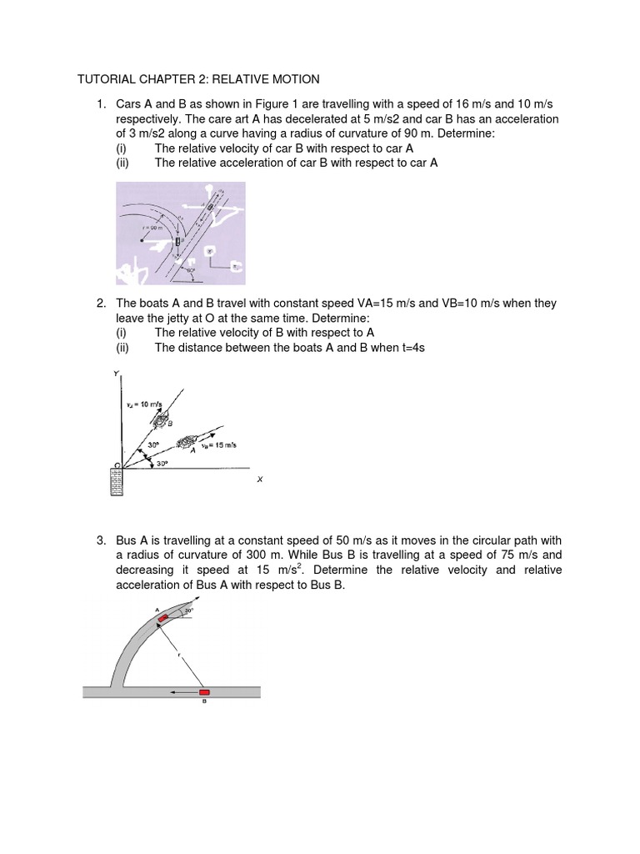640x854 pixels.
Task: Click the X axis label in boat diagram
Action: click(x=259, y=479)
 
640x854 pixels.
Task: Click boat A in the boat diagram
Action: click(x=189, y=440)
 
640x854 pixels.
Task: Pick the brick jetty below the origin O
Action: click(x=117, y=482)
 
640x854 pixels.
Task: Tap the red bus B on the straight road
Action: click(x=205, y=691)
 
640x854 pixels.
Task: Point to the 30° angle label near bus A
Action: click(x=189, y=611)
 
